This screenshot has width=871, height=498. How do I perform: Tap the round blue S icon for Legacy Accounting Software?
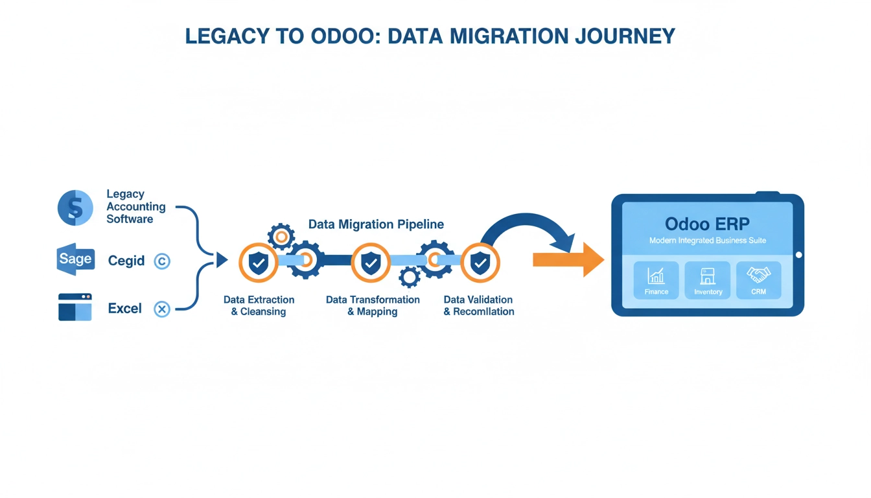pyautogui.click(x=75, y=208)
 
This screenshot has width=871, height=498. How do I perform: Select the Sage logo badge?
pyautogui.click(x=75, y=260)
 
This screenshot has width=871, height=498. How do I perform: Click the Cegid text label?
pyautogui.click(x=126, y=261)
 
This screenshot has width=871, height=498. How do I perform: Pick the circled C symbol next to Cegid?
pyautogui.click(x=162, y=261)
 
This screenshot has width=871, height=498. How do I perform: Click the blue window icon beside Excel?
pyautogui.click(x=75, y=307)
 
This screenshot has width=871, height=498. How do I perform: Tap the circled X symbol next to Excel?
pyautogui.click(x=162, y=309)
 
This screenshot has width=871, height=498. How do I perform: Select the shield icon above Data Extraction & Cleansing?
pyautogui.click(x=259, y=263)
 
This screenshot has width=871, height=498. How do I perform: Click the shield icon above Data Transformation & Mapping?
pyautogui.click(x=370, y=263)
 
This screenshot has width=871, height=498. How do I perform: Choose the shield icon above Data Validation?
pyautogui.click(x=480, y=263)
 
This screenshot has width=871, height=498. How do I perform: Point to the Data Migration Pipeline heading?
pyautogui.click(x=376, y=224)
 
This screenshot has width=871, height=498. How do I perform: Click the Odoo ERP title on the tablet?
pyautogui.click(x=707, y=224)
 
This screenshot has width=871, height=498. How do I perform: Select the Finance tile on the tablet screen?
pyautogui.click(x=656, y=280)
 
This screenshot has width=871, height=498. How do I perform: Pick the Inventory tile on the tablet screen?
pyautogui.click(x=708, y=280)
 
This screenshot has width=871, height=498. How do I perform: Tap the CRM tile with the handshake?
pyautogui.click(x=758, y=280)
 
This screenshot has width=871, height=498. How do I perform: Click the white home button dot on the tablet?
pyautogui.click(x=798, y=255)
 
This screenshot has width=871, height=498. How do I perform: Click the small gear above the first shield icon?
pyautogui.click(x=281, y=237)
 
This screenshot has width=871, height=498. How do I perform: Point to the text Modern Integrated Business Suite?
pyautogui.click(x=708, y=241)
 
